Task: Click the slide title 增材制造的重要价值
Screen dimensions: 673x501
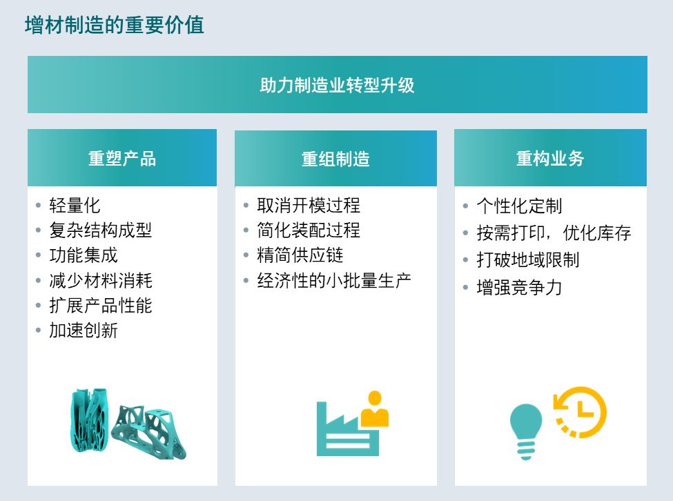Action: (114, 25)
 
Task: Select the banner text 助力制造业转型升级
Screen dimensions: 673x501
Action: (337, 85)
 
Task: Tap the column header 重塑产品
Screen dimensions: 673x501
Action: (122, 158)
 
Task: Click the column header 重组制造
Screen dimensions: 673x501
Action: (335, 159)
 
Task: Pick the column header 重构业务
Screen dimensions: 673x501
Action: (550, 158)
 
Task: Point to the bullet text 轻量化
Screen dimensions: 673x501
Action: (75, 206)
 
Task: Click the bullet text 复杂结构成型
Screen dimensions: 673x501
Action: (101, 230)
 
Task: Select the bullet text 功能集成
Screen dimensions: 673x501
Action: (84, 255)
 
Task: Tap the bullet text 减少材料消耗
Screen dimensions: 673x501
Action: (101, 281)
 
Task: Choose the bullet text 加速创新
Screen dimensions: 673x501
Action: (84, 331)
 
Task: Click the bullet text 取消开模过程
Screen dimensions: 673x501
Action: (309, 206)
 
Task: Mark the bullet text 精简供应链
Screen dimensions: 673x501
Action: (300, 255)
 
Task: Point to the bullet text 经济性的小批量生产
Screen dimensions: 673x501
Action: (334, 281)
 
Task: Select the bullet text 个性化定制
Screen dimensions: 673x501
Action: (519, 206)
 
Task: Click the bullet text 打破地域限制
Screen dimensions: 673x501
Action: (528, 260)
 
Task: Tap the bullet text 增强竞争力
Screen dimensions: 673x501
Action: (519, 287)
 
